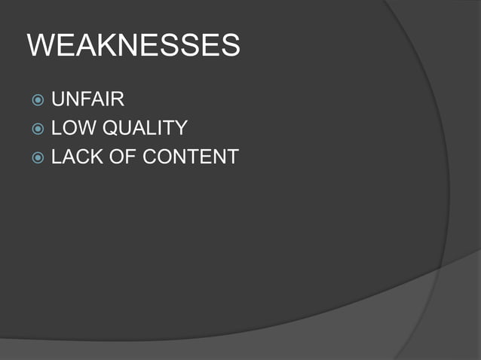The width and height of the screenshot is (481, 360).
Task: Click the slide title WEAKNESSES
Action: (133, 47)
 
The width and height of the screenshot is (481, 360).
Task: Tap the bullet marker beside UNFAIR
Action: (38, 99)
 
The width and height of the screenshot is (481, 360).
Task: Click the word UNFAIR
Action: (87, 99)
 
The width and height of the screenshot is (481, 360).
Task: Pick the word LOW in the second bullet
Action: (72, 128)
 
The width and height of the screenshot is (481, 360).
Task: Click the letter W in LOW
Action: (84, 128)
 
